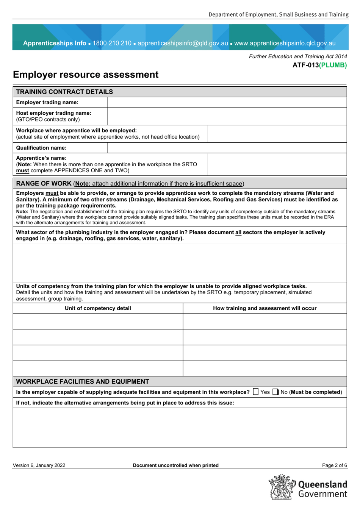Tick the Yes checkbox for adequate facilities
coord(256,392)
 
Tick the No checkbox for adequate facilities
coord(275,392)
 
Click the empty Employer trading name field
coord(227,102)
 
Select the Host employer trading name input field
coord(227,116)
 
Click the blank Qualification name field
coord(227,148)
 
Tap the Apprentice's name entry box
coord(277,164)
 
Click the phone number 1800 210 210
coord(112,43)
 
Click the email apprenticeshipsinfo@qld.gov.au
coord(183,43)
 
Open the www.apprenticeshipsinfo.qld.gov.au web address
coord(285,43)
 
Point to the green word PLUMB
coord(333,65)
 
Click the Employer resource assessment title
coord(86,75)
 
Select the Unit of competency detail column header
coord(98,308)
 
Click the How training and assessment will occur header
coord(265,308)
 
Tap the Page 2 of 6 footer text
coord(334,465)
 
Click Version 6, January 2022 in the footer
coord(39,465)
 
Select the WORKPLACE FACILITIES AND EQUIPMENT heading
coord(83,381)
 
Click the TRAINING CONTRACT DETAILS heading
coord(64,92)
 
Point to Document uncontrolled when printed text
coord(175,465)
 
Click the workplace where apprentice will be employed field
coord(277,134)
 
